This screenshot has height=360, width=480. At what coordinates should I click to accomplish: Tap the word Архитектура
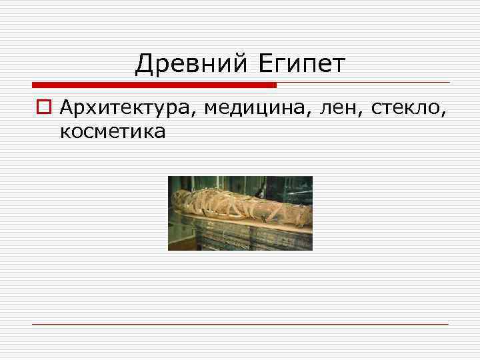(126, 108)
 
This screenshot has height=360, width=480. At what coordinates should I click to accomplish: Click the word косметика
(113, 132)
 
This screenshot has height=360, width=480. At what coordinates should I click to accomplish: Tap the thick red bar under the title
(154, 85)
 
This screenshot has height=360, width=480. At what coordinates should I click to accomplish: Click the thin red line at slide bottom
(240, 324)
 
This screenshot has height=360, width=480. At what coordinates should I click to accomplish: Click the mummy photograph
(240, 213)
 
